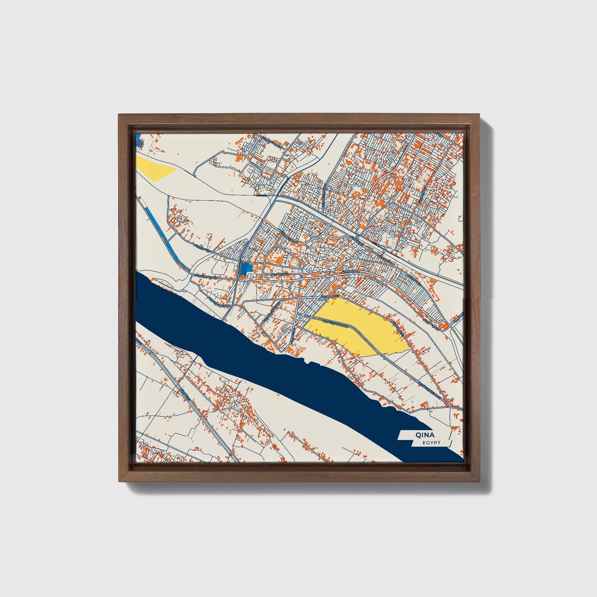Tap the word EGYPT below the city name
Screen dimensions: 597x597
431,443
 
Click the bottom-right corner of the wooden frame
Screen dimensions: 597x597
479,481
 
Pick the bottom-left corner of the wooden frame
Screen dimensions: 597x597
120,481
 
